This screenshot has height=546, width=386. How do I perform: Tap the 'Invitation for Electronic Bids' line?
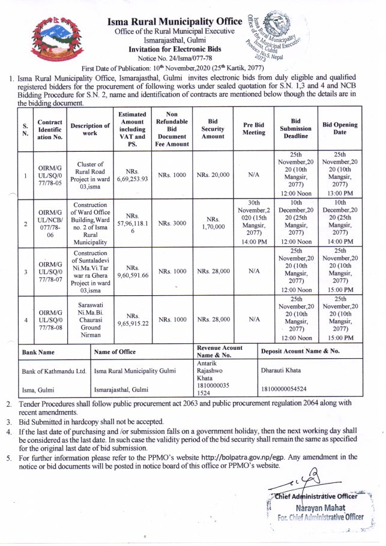[x=175, y=49]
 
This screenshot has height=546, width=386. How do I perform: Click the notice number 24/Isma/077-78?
[x=175, y=58]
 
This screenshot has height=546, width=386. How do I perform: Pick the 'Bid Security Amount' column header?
[x=213, y=129]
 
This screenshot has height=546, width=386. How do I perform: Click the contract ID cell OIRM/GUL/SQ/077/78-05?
[x=50, y=175]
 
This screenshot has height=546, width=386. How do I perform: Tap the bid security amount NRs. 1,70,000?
[x=213, y=223]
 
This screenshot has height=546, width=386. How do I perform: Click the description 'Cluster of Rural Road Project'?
[x=89, y=175]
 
